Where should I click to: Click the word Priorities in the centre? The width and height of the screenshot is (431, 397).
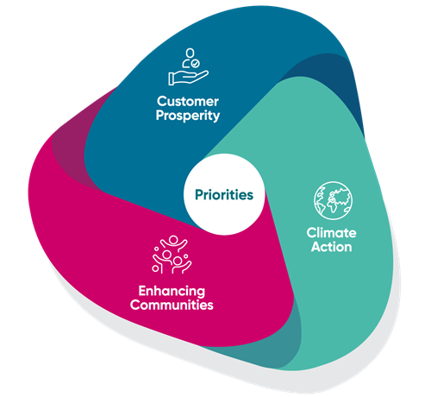click(224, 195)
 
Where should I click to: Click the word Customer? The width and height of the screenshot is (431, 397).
click(188, 102)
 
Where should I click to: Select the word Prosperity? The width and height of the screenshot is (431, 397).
click(188, 116)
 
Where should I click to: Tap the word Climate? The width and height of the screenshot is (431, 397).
click(331, 233)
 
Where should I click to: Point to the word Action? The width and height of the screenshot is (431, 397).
click(331, 247)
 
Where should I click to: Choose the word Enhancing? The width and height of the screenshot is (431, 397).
click(172, 291)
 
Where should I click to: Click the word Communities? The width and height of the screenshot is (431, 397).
click(172, 305)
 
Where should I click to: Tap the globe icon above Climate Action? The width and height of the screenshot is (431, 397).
click(333, 200)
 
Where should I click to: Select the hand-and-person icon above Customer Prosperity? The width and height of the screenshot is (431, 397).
click(188, 66)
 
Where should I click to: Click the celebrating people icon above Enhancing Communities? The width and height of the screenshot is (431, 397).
click(172, 255)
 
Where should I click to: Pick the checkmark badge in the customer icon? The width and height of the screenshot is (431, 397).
click(196, 63)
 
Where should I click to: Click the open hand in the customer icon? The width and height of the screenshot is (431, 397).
click(188, 78)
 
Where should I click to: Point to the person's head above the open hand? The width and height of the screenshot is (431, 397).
click(190, 53)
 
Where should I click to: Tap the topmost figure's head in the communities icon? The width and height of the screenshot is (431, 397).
click(173, 239)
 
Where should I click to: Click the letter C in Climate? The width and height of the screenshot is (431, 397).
click(311, 233)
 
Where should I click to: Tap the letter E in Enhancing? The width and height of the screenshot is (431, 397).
click(143, 291)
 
